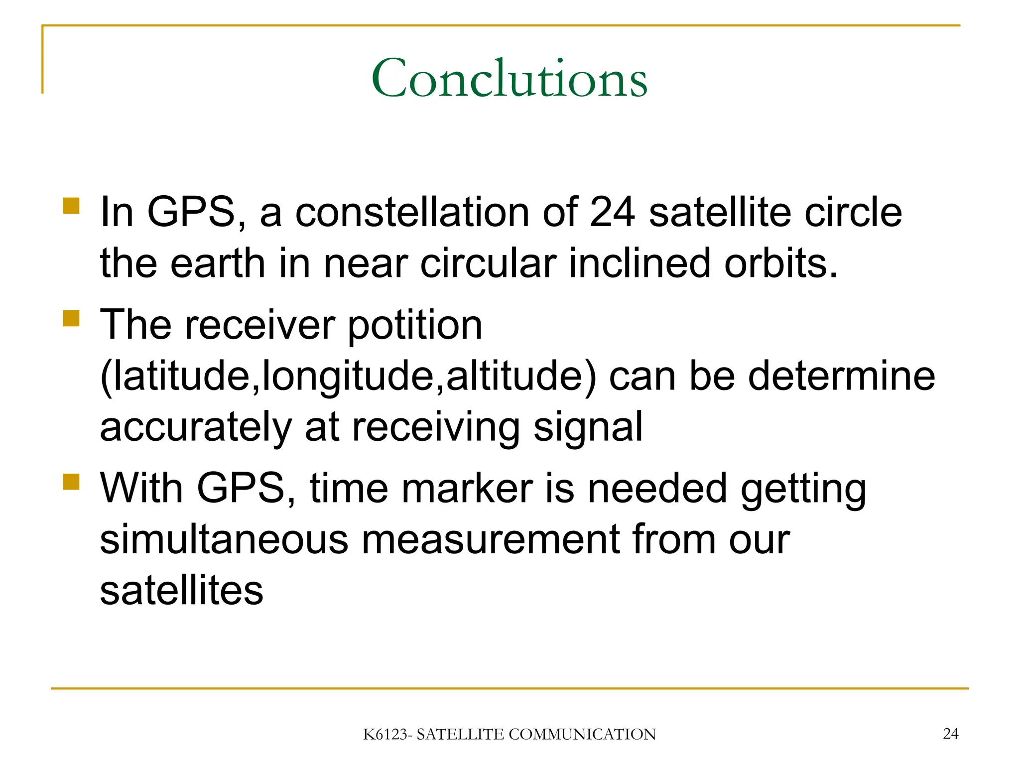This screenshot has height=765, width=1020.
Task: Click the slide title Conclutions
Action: [x=509, y=79]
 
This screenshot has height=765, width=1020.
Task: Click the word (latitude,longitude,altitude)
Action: [x=348, y=376]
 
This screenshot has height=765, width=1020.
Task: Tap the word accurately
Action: [x=196, y=427]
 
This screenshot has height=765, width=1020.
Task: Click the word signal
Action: [x=588, y=427]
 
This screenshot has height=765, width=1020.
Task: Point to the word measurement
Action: [x=490, y=540]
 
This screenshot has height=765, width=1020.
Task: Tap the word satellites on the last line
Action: [x=181, y=591]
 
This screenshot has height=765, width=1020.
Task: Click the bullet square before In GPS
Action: [x=72, y=206]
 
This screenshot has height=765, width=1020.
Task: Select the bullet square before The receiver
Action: [x=72, y=318]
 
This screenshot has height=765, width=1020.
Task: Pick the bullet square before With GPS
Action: [x=72, y=482]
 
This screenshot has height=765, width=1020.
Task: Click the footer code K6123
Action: [x=386, y=735]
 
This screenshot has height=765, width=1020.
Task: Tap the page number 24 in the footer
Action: [x=950, y=734]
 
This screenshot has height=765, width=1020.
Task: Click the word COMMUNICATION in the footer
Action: [x=582, y=735]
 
